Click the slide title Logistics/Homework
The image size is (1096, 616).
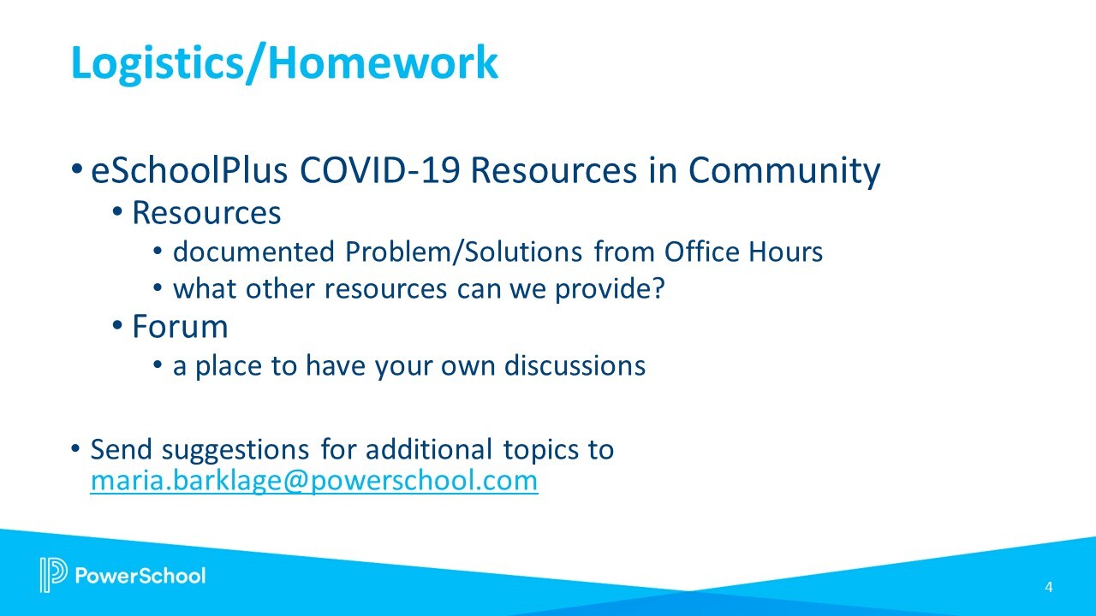(x=283, y=62)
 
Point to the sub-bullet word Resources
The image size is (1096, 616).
(x=206, y=212)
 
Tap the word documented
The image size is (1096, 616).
(x=253, y=252)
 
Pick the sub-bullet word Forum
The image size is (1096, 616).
(x=180, y=327)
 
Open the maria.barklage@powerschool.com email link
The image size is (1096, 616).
(x=313, y=481)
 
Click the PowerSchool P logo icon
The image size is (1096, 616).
(x=52, y=575)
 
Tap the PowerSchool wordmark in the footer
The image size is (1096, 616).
(x=141, y=575)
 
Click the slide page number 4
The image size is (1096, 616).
(x=1049, y=587)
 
